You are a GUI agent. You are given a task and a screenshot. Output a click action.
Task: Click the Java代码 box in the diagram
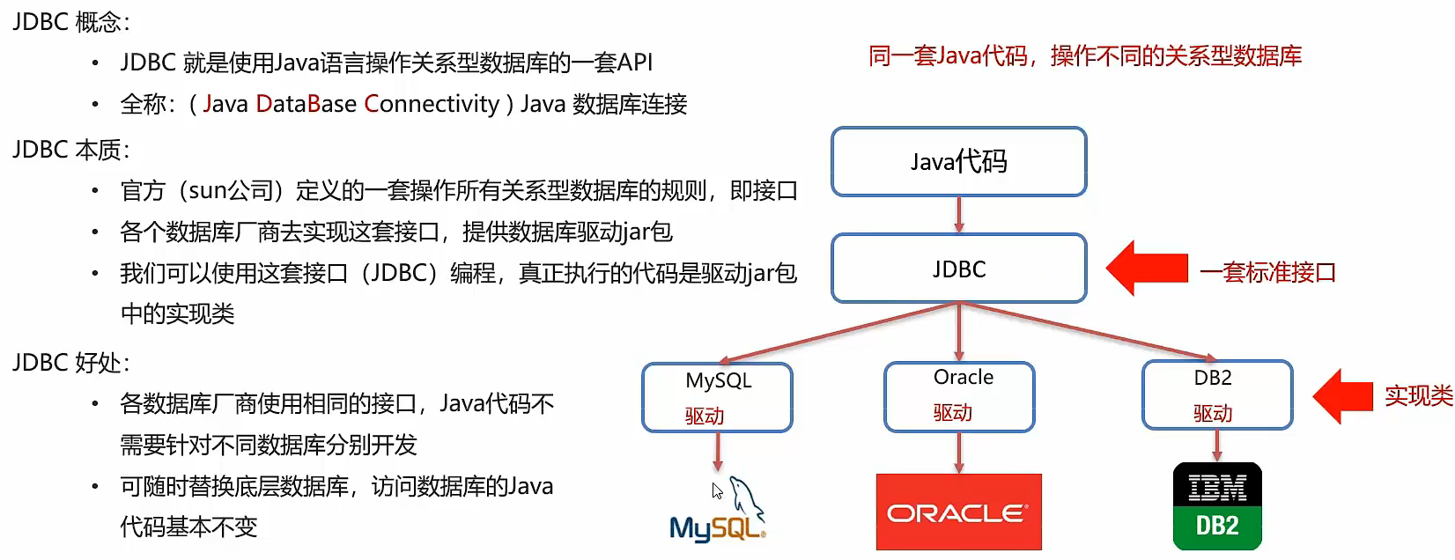pos(958,162)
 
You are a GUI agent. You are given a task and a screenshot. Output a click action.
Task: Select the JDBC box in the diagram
pos(958,269)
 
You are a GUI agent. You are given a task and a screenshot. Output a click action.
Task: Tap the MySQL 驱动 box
pos(717,397)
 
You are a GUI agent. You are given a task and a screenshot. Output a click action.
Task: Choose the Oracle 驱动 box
pos(958,396)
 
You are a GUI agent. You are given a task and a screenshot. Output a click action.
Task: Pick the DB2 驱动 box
pos(1216,395)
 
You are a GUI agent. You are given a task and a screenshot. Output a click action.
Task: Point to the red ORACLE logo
pos(958,512)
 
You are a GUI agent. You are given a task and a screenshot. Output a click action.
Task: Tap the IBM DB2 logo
pos(1217,506)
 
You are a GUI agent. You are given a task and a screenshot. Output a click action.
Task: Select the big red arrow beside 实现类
pos(1343,396)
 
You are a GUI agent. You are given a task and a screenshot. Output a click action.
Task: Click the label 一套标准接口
pos(1267,272)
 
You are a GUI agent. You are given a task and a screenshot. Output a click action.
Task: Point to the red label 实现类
pos(1418,396)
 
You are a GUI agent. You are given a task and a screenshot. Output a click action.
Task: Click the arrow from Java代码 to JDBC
pos(958,215)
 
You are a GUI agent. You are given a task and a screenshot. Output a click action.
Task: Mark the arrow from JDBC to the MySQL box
pos(837,333)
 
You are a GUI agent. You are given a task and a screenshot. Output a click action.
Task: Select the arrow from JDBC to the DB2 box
pos(1088,333)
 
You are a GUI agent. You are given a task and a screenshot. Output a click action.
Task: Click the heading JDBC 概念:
pos(70,21)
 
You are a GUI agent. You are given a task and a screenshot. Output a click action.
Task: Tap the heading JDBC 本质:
pos(70,150)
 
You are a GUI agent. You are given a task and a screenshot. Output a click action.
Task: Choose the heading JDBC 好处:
pos(70,363)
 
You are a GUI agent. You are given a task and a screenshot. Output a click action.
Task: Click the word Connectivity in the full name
pos(432,104)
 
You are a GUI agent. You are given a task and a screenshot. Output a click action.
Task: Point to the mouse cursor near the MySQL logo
pos(717,490)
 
